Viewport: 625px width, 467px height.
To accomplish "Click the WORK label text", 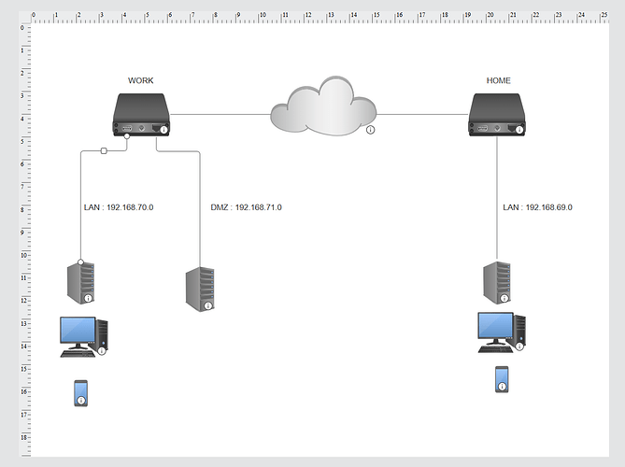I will pos(140,81).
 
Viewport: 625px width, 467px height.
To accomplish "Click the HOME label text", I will pos(498,81).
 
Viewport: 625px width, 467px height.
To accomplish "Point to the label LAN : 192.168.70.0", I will pos(117,207).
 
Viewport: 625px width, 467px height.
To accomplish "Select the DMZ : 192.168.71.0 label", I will pos(246,207).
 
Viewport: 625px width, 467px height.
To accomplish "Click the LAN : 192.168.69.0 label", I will pos(537,207).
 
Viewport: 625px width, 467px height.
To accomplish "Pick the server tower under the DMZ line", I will pos(199,290).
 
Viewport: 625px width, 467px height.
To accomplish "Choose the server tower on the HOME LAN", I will pos(496,283).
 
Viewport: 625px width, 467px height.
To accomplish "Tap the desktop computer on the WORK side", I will pos(83,336).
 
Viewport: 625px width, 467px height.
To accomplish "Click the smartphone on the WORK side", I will pos(81,393).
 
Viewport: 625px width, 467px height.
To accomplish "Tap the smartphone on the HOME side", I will pos(502,379).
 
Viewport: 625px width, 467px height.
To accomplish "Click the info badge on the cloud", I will pos(370,130).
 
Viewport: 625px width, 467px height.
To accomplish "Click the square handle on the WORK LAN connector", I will pos(104,149).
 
